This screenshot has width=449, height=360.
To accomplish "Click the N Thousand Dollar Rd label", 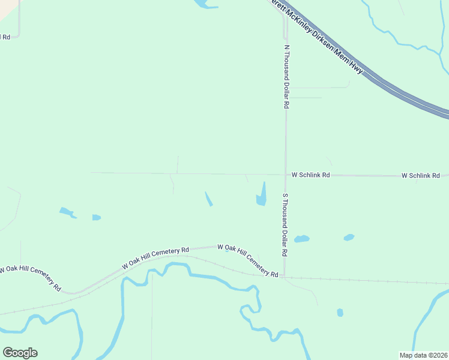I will tap(287, 76).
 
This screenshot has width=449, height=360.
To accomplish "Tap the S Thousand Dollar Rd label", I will tap(286, 226).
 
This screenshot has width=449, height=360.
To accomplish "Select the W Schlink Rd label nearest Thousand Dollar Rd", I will tap(311, 175).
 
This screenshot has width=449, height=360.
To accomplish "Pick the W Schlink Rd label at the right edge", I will tap(424, 175).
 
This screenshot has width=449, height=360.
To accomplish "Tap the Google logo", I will tap(20, 353).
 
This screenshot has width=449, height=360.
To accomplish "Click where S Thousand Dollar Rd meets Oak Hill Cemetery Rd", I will tap(285, 277).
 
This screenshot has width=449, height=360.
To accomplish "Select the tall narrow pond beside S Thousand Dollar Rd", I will tap(262, 195).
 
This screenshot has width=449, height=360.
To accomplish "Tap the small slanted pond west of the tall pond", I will tap(208, 199).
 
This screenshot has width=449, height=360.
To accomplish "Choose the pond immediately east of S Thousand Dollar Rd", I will tap(301, 239).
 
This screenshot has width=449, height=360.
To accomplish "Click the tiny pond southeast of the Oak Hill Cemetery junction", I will tap(340, 313).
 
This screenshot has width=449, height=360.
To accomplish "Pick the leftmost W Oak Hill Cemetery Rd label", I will tap(30, 277).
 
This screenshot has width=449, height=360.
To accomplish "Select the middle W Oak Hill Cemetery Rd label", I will tap(155, 256).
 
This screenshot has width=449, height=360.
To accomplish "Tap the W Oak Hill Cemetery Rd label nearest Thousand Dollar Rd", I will tap(247, 260).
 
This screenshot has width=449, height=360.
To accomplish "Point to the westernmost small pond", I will tap(67, 212).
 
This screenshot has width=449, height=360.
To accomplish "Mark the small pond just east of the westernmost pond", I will tap(96, 217).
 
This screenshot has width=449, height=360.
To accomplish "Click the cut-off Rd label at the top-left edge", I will tap(5, 37).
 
